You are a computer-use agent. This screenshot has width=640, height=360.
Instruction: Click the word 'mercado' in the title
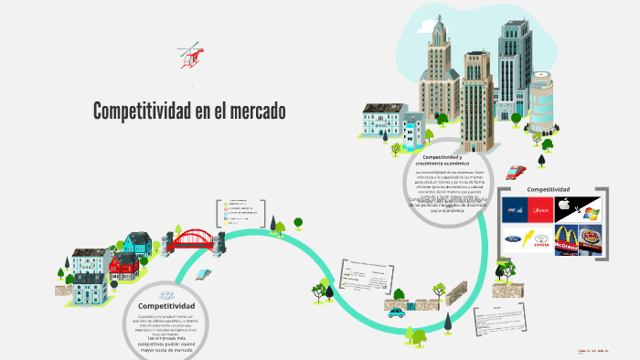(x=251, y=111)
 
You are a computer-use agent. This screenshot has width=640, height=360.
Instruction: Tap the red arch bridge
(x=189, y=240)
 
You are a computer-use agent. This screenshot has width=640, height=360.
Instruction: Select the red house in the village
(x=123, y=266)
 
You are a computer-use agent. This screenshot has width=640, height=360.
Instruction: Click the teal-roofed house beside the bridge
(x=138, y=243)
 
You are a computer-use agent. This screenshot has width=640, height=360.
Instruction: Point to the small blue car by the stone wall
(x=396, y=312)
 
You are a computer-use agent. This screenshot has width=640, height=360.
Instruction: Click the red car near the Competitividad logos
(x=517, y=171)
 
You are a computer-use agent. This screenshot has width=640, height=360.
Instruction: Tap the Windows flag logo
(x=591, y=213)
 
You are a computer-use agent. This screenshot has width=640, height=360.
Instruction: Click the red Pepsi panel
(x=539, y=210)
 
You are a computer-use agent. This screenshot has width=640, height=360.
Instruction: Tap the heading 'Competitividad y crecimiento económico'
(x=447, y=160)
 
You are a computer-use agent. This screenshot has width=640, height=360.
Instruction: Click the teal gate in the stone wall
(x=411, y=302)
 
